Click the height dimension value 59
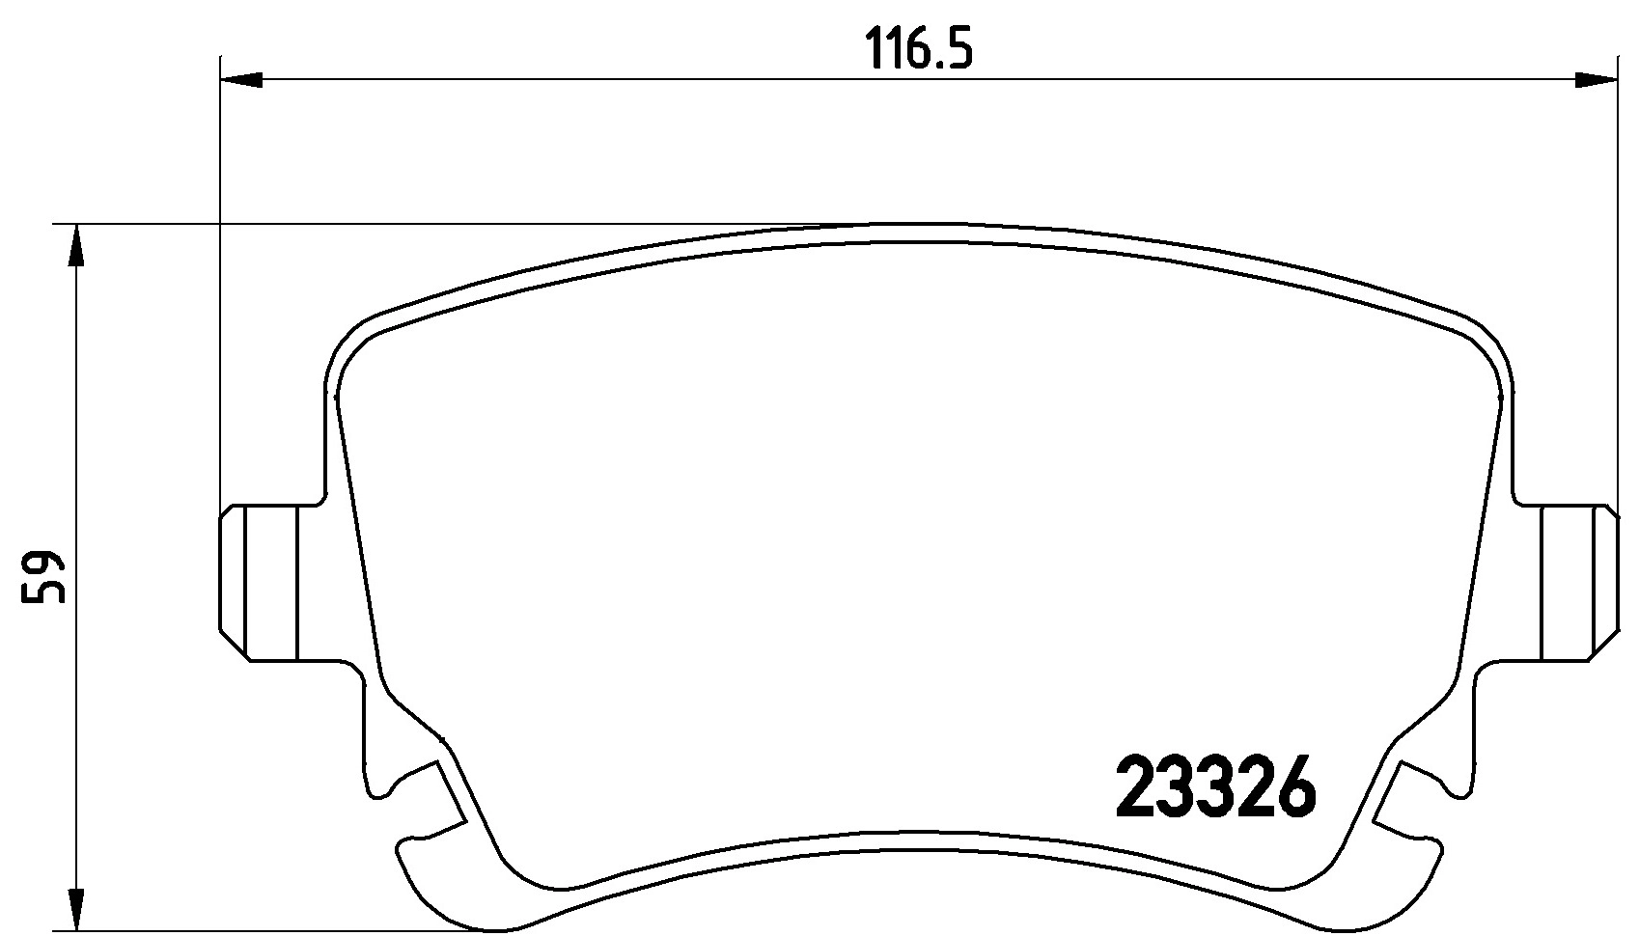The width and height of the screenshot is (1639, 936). [45, 578]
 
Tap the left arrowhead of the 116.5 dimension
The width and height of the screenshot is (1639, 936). [241, 80]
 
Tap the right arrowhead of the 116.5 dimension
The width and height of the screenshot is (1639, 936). [1596, 80]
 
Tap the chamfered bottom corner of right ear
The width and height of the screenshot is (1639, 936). [1602, 647]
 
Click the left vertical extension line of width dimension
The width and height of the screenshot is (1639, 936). [221, 289]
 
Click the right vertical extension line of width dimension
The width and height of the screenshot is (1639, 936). [1616, 289]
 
